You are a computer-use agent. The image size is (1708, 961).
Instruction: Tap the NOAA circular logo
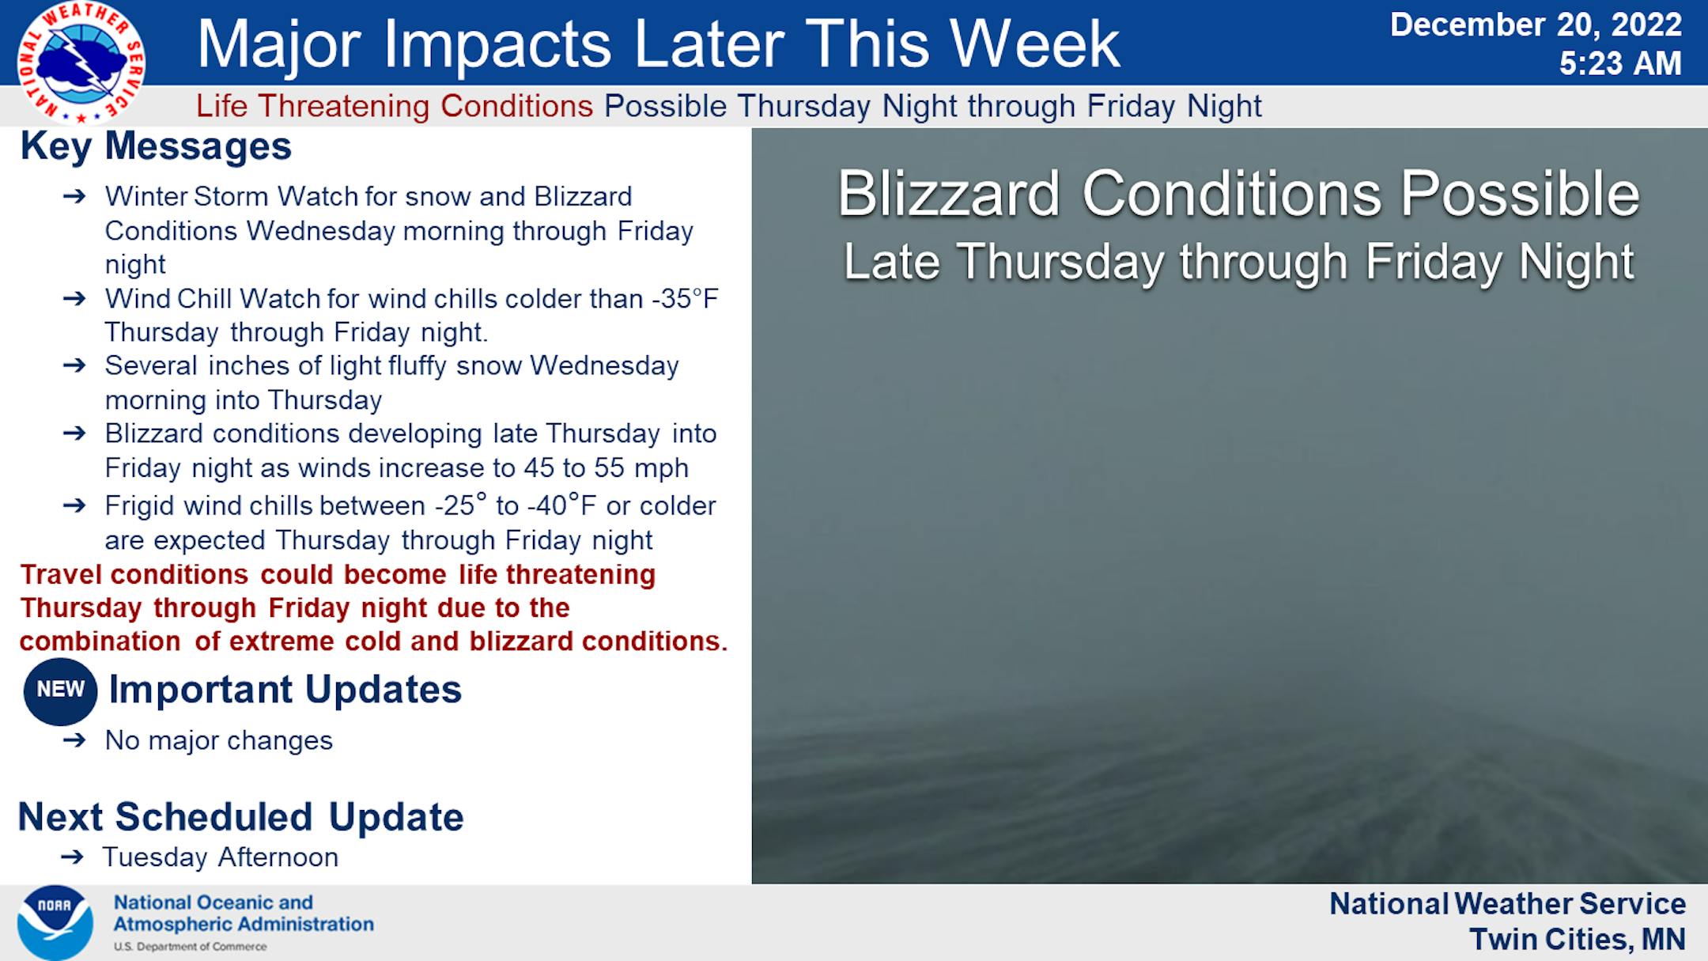pyautogui.click(x=55, y=922)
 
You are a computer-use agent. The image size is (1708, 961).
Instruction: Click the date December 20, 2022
pyautogui.click(x=1536, y=25)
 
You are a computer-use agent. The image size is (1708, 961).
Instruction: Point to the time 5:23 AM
pyautogui.click(x=1620, y=64)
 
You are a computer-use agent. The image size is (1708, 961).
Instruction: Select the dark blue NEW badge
pyautogui.click(x=60, y=690)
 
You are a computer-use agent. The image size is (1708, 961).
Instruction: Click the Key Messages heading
pyautogui.click(x=156, y=146)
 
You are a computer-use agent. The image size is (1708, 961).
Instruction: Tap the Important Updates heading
pyautogui.click(x=285, y=689)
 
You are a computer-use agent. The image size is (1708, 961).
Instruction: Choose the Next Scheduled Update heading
pyautogui.click(x=240, y=817)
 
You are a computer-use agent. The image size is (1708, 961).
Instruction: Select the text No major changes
pyautogui.click(x=219, y=741)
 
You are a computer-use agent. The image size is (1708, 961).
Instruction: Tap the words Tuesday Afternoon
pyautogui.click(x=221, y=857)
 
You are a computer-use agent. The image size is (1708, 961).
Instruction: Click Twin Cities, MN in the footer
pyautogui.click(x=1578, y=940)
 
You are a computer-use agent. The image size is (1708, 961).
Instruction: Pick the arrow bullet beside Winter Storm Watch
pyautogui.click(x=74, y=196)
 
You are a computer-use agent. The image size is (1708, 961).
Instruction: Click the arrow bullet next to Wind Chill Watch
pyautogui.click(x=74, y=299)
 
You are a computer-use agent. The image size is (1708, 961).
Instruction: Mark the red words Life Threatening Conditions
pyautogui.click(x=395, y=106)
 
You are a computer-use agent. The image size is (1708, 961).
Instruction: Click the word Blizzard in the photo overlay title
pyautogui.click(x=948, y=194)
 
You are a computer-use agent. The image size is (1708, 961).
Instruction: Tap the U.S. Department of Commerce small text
pyautogui.click(x=190, y=947)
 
